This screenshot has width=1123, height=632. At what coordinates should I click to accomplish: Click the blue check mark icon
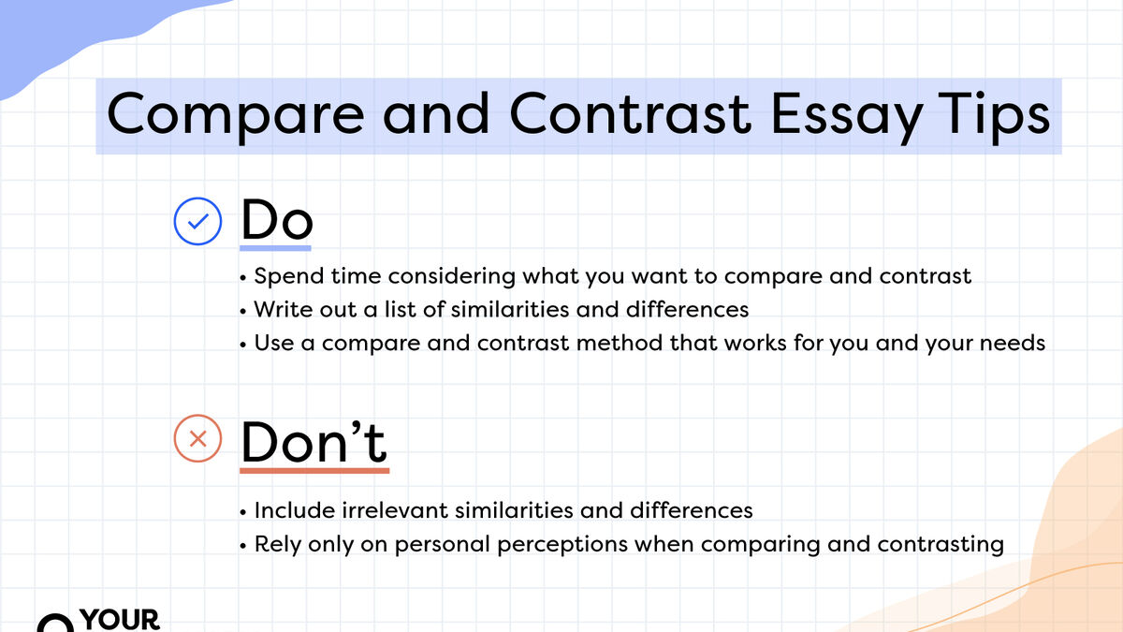[198, 222]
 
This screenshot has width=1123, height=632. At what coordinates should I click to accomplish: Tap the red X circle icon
[198, 438]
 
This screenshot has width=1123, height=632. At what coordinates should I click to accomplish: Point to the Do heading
[276, 220]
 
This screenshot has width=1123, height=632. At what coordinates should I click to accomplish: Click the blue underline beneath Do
[276, 249]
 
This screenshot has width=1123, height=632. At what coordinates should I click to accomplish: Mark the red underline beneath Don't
[314, 469]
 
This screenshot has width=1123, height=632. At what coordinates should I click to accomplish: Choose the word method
[618, 343]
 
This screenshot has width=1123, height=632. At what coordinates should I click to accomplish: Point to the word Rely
[276, 544]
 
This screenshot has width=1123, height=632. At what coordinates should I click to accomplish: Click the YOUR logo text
[122, 620]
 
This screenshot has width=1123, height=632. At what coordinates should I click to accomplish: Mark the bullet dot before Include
[243, 511]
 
